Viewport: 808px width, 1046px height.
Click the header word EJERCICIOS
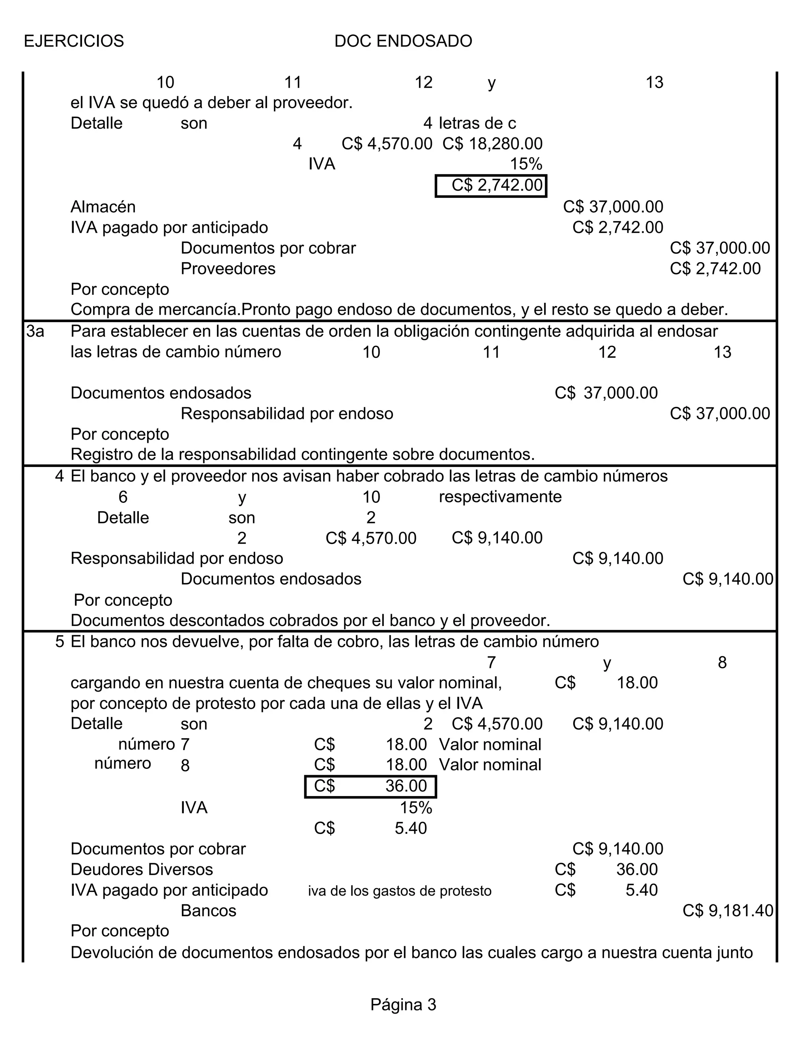tap(74, 41)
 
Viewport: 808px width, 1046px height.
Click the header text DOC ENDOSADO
tap(403, 41)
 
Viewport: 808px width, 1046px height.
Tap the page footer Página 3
tap(403, 1004)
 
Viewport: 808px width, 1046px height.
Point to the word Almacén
tap(103, 207)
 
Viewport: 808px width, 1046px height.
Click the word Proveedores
tap(228, 269)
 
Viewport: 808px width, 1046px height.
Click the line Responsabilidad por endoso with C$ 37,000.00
tap(287, 414)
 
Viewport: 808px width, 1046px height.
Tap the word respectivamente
tap(500, 497)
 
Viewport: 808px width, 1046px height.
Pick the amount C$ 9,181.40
tap(727, 911)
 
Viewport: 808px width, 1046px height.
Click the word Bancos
tap(208, 911)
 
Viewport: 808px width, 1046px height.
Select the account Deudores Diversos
tap(142, 869)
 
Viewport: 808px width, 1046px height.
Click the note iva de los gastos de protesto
tap(400, 891)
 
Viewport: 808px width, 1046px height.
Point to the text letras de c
tap(477, 124)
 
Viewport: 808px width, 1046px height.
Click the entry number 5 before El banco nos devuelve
tap(59, 642)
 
